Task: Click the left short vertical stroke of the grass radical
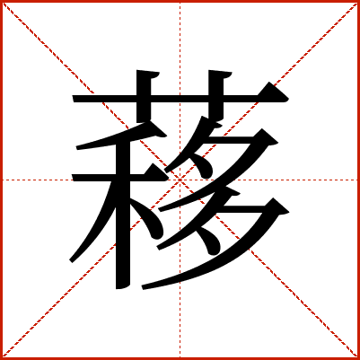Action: [144, 96]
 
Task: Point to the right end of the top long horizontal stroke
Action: [288, 99]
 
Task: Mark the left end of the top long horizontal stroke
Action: [73, 99]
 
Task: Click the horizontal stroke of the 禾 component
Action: [119, 178]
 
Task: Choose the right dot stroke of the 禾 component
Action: [148, 218]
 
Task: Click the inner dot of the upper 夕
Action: [204, 165]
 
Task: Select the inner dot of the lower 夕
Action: [210, 241]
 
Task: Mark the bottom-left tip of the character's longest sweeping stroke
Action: [143, 288]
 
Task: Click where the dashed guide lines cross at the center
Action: [180, 180]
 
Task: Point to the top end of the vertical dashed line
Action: [180, 3]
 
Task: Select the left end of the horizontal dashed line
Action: [3, 180]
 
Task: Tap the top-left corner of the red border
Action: [1, 1]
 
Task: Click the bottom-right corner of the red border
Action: [359, 359]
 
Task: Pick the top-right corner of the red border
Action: [359, 1]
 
